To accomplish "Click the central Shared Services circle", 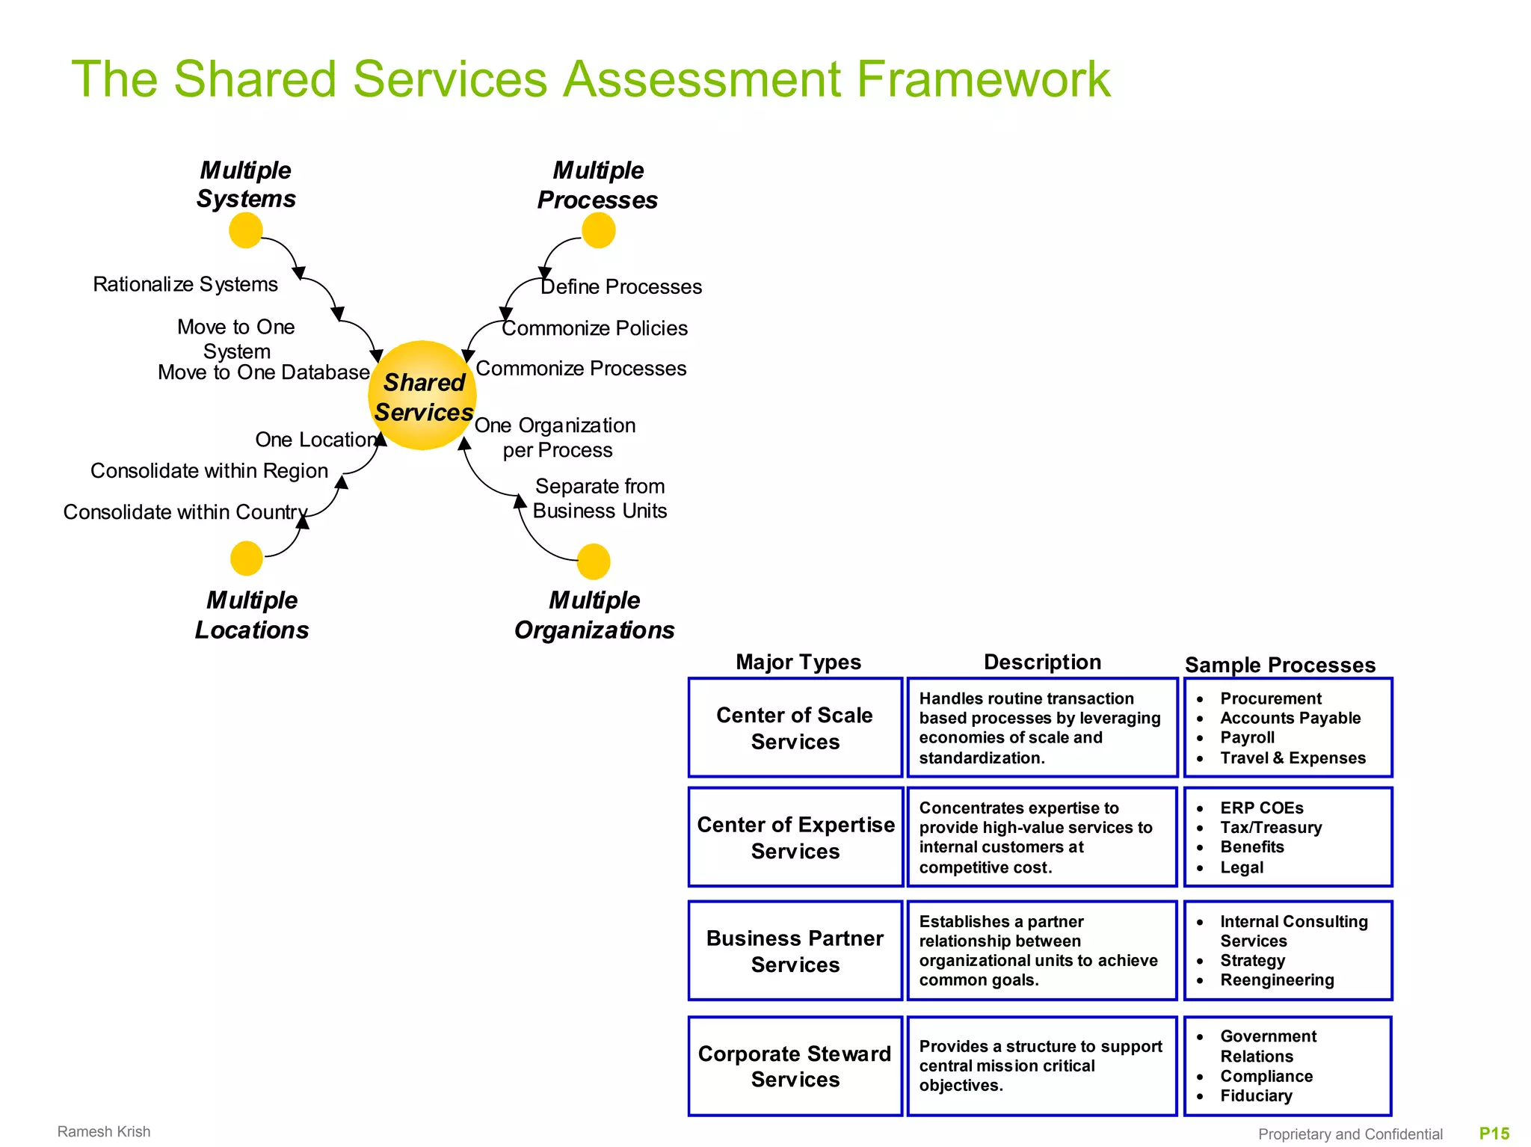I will pos(422,396).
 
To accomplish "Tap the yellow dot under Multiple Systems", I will pos(245,230).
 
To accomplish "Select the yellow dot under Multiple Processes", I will pos(598,230).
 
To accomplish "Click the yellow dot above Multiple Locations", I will pos(246,559).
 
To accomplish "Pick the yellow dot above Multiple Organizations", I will pos(594,562).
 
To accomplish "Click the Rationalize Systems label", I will pos(185,285).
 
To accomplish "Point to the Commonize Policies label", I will pos(594,328).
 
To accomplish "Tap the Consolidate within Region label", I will pos(209,471).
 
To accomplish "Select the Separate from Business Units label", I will pos(600,499).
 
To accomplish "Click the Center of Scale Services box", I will pos(795,728).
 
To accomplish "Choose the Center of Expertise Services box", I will pos(795,837).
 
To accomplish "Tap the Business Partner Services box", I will pos(795,951).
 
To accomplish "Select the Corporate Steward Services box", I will pos(795,1066).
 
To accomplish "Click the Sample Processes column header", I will pos(1280,665).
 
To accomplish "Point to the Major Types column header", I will pos(798,662).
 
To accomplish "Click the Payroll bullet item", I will pos(1247,738).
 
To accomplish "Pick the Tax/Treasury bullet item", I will pos(1271,828).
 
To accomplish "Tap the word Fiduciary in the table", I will pos(1256,1096).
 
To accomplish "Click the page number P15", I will pos(1494,1134).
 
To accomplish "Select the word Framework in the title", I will pos(983,79).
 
